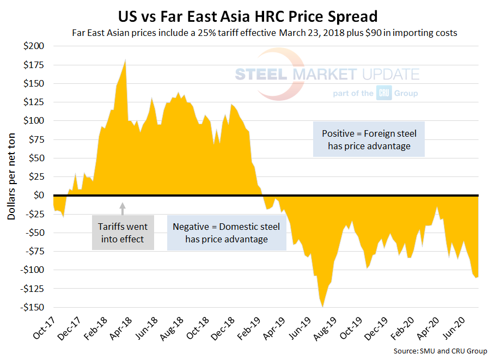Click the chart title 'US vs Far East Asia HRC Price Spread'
[247, 14]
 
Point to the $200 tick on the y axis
[35, 46]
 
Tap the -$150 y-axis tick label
[34, 307]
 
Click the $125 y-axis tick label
[35, 102]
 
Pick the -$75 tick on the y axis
[35, 251]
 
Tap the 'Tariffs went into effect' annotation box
[123, 232]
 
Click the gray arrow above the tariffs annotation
[123, 207]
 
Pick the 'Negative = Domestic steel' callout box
[227, 233]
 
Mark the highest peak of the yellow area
[126, 60]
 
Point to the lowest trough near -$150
[322, 306]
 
